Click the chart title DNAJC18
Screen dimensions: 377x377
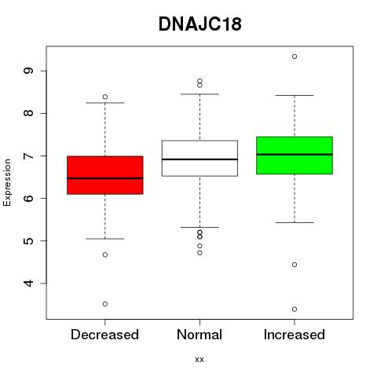[199, 24]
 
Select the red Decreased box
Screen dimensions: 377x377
[105, 175]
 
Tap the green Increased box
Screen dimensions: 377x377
[295, 156]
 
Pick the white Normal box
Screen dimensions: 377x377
[199, 158]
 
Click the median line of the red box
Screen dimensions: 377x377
[105, 178]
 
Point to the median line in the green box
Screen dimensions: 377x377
[295, 155]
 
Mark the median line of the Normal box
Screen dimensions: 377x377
[199, 159]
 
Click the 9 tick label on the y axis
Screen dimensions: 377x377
[28, 71]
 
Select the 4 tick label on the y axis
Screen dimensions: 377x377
[28, 283]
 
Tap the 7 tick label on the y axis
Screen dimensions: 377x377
[28, 156]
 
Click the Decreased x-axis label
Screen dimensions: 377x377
[104, 335]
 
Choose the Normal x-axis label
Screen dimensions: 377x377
[199, 335]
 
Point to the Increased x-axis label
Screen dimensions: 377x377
[295, 335]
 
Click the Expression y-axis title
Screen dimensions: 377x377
[7, 182]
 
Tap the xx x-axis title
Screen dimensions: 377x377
[199, 360]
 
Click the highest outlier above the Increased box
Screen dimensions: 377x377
[295, 57]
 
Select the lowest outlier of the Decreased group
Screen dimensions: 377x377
[105, 304]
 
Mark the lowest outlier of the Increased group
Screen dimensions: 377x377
[295, 309]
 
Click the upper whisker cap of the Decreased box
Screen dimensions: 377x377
[105, 103]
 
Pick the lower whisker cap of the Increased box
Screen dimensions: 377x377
[295, 222]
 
